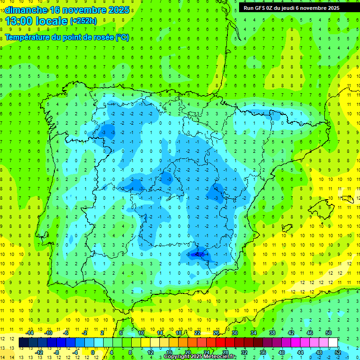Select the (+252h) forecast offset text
coord(83,21)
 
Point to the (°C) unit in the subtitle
coord(122,37)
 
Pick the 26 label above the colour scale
coord(216,332)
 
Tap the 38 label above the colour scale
coord(272,332)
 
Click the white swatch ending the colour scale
coord(333,342)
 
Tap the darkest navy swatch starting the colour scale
coord(23,342)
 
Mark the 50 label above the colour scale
coord(328,332)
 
